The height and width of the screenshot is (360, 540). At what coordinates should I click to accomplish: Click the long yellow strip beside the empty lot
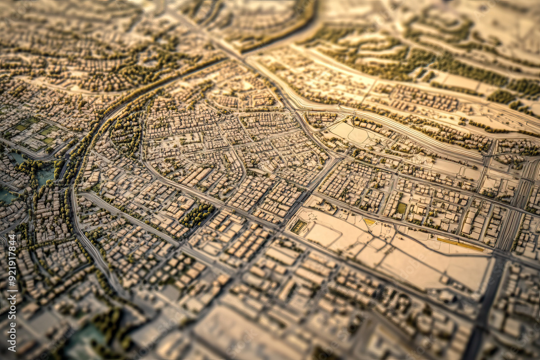click(x=460, y=244)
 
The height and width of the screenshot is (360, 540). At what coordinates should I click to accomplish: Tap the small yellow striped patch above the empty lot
click(x=369, y=221)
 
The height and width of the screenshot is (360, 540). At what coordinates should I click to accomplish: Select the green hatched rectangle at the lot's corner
click(x=299, y=226)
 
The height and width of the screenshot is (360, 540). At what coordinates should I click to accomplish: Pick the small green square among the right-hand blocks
click(x=401, y=208)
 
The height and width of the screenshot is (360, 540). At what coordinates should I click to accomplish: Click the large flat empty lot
click(x=410, y=259)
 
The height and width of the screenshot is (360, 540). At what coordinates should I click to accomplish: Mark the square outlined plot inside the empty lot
click(x=324, y=235)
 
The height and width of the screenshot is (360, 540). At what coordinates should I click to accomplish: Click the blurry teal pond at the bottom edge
click(x=86, y=337)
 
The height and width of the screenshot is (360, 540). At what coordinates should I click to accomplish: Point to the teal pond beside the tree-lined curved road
click(x=45, y=174)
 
